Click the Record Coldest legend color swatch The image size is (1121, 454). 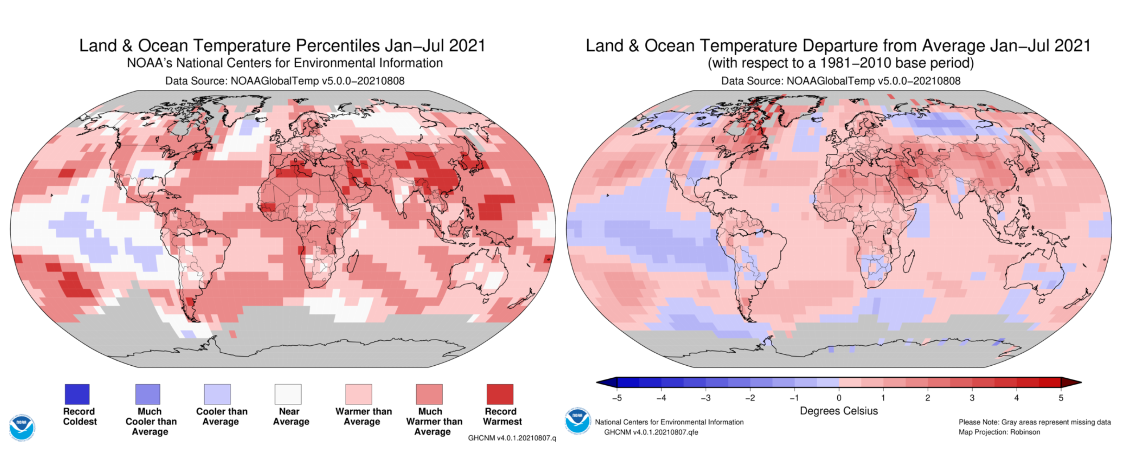[x=77, y=394]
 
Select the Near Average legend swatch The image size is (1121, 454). [x=288, y=394]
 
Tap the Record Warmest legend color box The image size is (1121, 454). [x=500, y=394]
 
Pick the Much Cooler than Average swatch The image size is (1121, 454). [x=148, y=394]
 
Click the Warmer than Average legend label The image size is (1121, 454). [x=363, y=417]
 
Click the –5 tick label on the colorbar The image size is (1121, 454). [x=616, y=398]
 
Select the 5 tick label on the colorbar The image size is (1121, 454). [x=1061, y=398]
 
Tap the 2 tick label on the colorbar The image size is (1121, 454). [x=927, y=398]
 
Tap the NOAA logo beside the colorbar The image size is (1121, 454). [x=577, y=420]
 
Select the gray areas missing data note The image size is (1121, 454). [x=1034, y=422]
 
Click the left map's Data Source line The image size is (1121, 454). [x=285, y=81]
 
